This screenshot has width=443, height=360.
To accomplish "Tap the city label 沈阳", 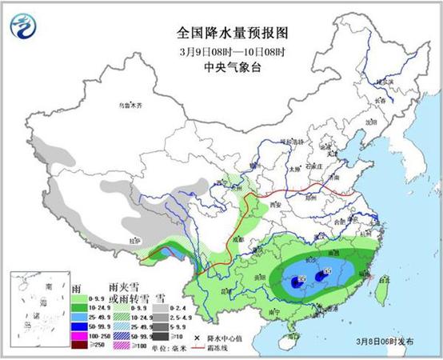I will [370, 122].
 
